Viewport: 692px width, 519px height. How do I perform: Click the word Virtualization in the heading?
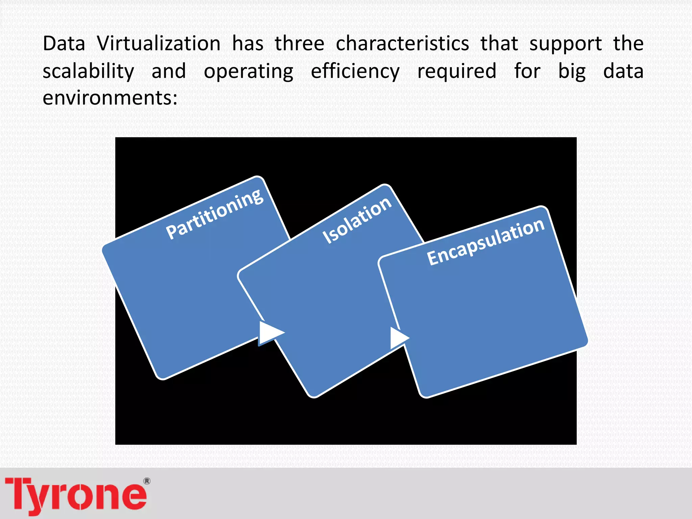coord(159,44)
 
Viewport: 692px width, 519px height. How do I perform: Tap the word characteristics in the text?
coord(402,44)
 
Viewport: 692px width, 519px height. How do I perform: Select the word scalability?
coord(89,72)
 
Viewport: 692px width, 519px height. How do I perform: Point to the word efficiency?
coord(355,72)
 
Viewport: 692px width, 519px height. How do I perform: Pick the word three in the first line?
coord(299,44)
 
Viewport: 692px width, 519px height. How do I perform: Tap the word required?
coord(457,72)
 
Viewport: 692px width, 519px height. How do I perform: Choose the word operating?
coord(249,72)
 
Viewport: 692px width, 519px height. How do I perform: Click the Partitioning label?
coord(215,214)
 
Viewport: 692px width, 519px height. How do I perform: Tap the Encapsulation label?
coord(486,242)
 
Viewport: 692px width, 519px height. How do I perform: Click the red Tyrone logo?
coord(76,495)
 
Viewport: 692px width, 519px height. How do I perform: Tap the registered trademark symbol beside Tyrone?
coord(147,481)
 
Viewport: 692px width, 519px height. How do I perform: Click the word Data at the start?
coord(64,44)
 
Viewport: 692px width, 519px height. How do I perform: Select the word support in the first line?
coord(565,44)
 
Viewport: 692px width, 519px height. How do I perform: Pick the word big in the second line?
coord(572,72)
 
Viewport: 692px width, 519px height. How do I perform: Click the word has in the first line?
coord(248,44)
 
